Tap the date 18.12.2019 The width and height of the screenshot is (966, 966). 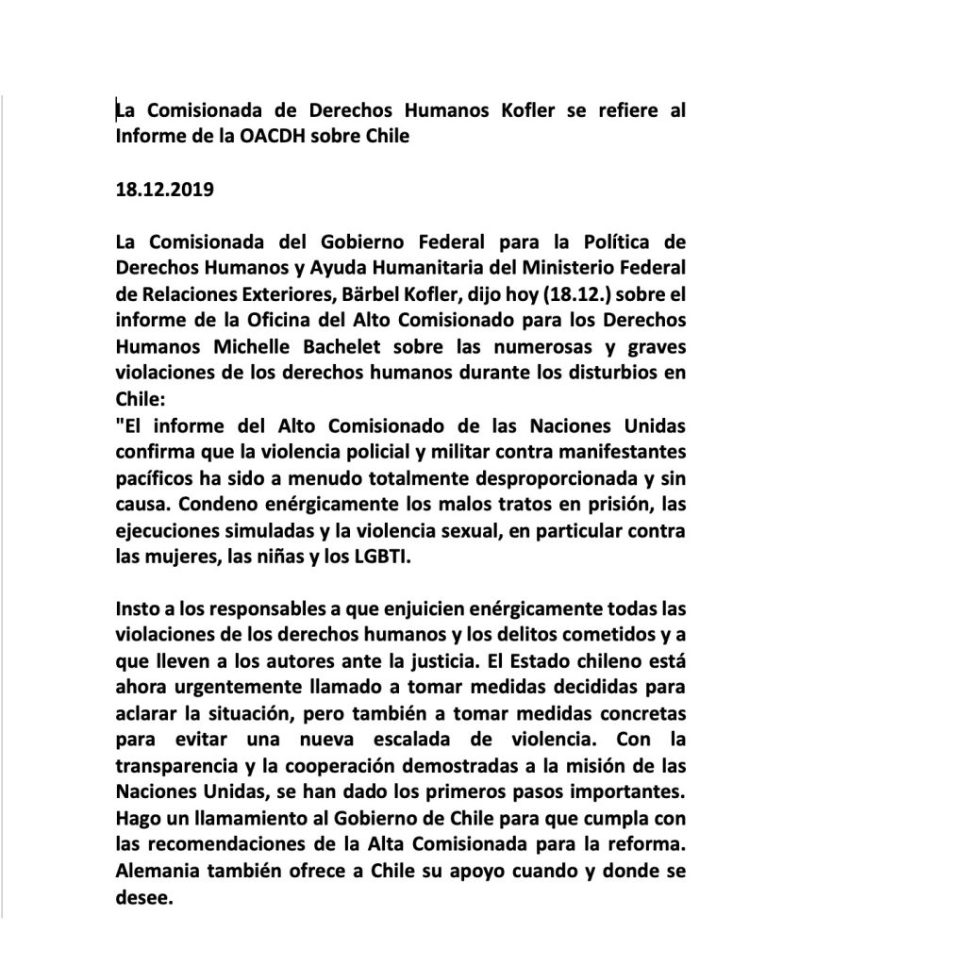[165, 190]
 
